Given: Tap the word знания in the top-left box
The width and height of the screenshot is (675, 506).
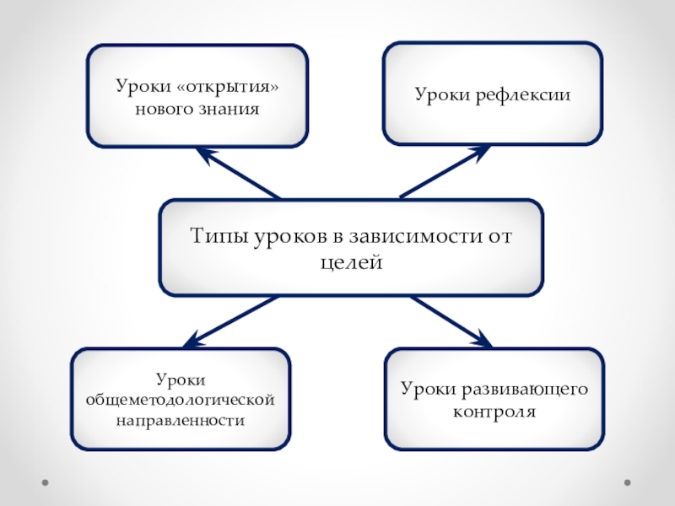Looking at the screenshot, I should (x=228, y=110).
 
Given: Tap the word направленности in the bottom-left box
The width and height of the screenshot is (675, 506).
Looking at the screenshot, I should (x=181, y=418).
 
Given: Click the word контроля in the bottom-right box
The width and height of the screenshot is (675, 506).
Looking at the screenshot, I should (x=494, y=412).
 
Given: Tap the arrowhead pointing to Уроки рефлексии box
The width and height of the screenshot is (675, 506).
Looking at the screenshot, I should (x=480, y=152).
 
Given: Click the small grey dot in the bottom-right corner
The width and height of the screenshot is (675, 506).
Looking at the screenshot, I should (x=627, y=483).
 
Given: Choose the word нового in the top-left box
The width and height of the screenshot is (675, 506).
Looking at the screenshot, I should (x=165, y=110).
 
